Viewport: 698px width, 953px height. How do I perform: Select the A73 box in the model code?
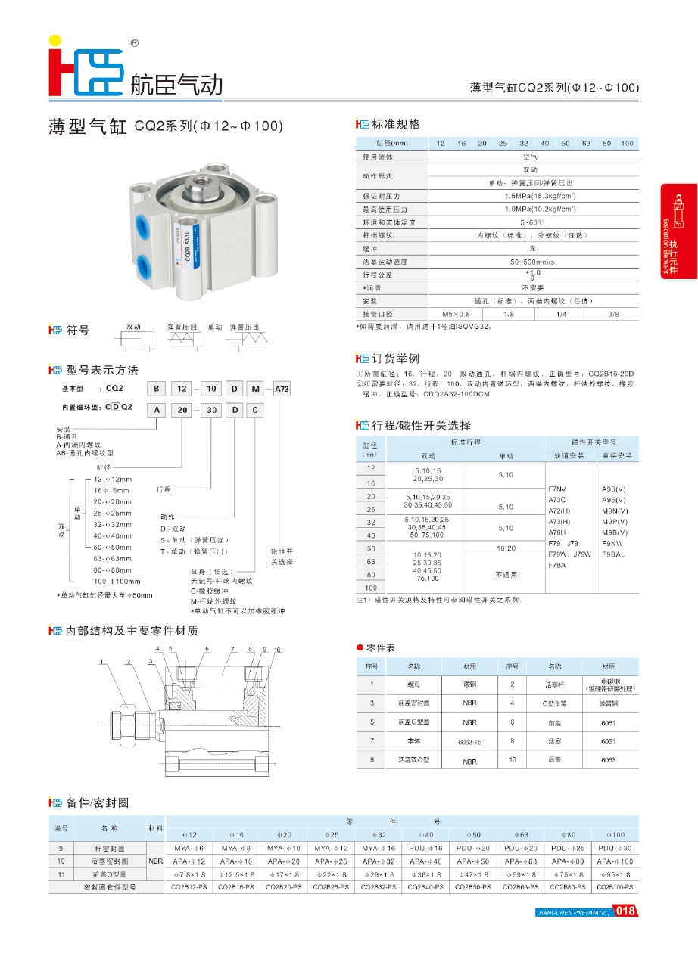(x=282, y=389)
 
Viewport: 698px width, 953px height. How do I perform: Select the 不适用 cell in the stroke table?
(x=505, y=575)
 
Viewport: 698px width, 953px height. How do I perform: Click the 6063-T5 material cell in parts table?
(x=469, y=742)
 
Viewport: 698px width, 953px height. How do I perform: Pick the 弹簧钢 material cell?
(x=609, y=703)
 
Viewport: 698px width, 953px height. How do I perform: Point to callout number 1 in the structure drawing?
(x=101, y=662)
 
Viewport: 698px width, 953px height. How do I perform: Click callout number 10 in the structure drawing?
(x=277, y=650)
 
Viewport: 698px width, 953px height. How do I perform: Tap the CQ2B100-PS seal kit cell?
(x=614, y=886)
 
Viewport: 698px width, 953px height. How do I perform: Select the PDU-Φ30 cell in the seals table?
(x=614, y=848)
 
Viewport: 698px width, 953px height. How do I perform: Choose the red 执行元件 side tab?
(x=678, y=231)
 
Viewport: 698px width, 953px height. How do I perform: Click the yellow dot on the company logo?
(x=54, y=40)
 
